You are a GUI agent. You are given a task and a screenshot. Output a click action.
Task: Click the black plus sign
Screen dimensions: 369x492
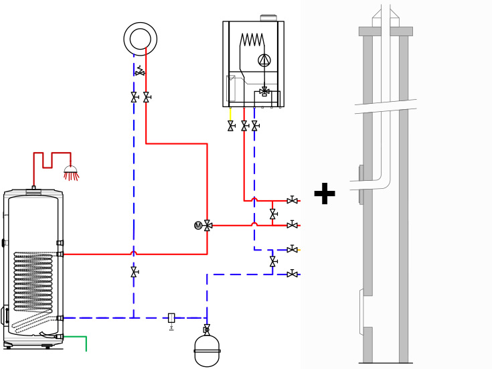tap(324, 194)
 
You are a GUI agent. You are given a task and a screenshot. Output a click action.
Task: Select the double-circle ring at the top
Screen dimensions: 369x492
tap(141, 39)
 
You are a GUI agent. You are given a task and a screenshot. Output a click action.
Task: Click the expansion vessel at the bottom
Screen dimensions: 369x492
tap(207, 351)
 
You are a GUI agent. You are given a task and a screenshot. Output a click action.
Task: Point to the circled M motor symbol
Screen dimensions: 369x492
tap(198, 226)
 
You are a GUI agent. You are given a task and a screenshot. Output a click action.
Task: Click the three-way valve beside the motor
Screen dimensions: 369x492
tap(208, 226)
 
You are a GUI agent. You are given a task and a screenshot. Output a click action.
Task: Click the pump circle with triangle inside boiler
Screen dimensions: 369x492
tap(264, 60)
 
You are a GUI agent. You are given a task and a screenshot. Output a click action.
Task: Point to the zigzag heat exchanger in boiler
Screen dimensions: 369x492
tap(252, 40)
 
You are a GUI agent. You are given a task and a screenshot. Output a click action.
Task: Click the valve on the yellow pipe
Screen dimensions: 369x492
tap(231, 126)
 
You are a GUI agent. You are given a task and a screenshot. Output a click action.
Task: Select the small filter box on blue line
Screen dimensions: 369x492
tap(171, 318)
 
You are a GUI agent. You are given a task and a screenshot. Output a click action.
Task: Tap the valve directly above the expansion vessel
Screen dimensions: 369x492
tap(207, 329)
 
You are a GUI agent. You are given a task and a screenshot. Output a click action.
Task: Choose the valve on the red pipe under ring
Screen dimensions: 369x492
tap(147, 97)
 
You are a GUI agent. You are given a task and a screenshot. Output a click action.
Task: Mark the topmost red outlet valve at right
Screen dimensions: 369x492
tap(292, 200)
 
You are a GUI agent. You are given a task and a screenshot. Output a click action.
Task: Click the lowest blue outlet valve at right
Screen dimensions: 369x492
tap(292, 274)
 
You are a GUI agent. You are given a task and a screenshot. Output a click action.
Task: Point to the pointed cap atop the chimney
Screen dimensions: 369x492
tap(386, 13)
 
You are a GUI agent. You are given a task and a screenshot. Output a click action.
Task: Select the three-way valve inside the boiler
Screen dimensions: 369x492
tap(264, 91)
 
